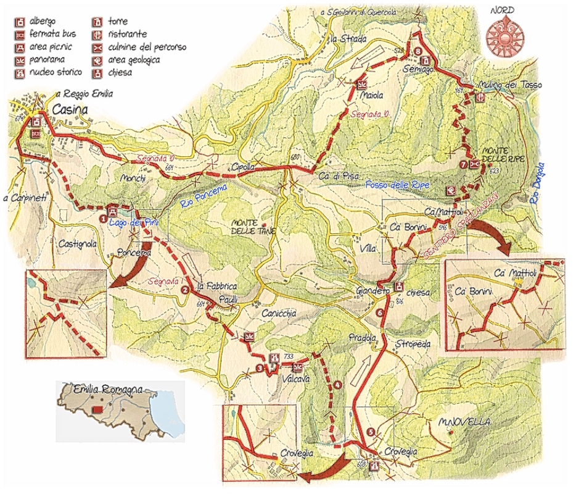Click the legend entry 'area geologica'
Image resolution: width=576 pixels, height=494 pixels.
coord(134,60)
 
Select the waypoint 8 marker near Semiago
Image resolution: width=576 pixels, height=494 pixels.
coord(418,51)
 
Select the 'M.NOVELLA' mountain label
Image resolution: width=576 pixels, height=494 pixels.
coord(464,422)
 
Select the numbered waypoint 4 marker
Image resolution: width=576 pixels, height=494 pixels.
coord(338,386)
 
